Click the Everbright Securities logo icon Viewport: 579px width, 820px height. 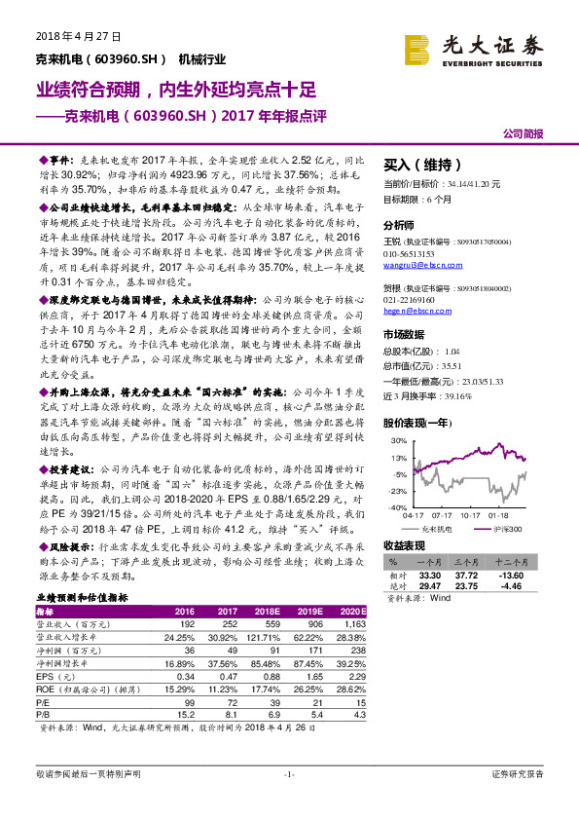418,48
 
